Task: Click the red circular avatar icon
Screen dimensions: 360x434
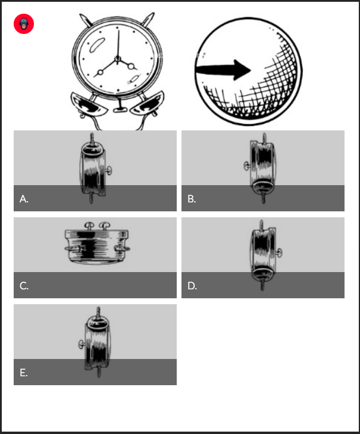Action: pos(24,24)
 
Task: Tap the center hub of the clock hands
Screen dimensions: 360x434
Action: pos(118,58)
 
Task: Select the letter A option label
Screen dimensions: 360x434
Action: pos(24,199)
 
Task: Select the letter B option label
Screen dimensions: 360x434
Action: pos(192,199)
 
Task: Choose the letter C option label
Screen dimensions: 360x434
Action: pos(24,286)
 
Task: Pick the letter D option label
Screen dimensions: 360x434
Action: pos(192,286)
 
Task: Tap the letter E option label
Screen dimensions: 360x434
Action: pos(24,373)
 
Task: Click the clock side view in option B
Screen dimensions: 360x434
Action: pos(260,168)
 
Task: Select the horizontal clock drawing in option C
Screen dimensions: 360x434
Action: pos(97,243)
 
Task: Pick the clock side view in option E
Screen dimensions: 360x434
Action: pos(95,342)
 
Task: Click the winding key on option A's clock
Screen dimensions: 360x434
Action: pos(109,170)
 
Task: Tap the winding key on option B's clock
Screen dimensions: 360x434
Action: pos(247,166)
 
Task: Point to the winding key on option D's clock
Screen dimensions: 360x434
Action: pos(279,252)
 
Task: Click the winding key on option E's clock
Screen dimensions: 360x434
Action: pos(82,344)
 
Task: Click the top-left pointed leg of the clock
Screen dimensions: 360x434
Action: pos(84,20)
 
